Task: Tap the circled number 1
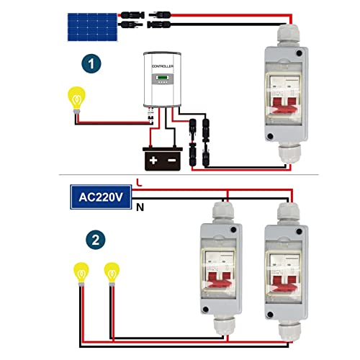(x=91, y=65)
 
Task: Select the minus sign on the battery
(x=171, y=157)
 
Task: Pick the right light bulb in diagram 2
(x=112, y=274)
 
